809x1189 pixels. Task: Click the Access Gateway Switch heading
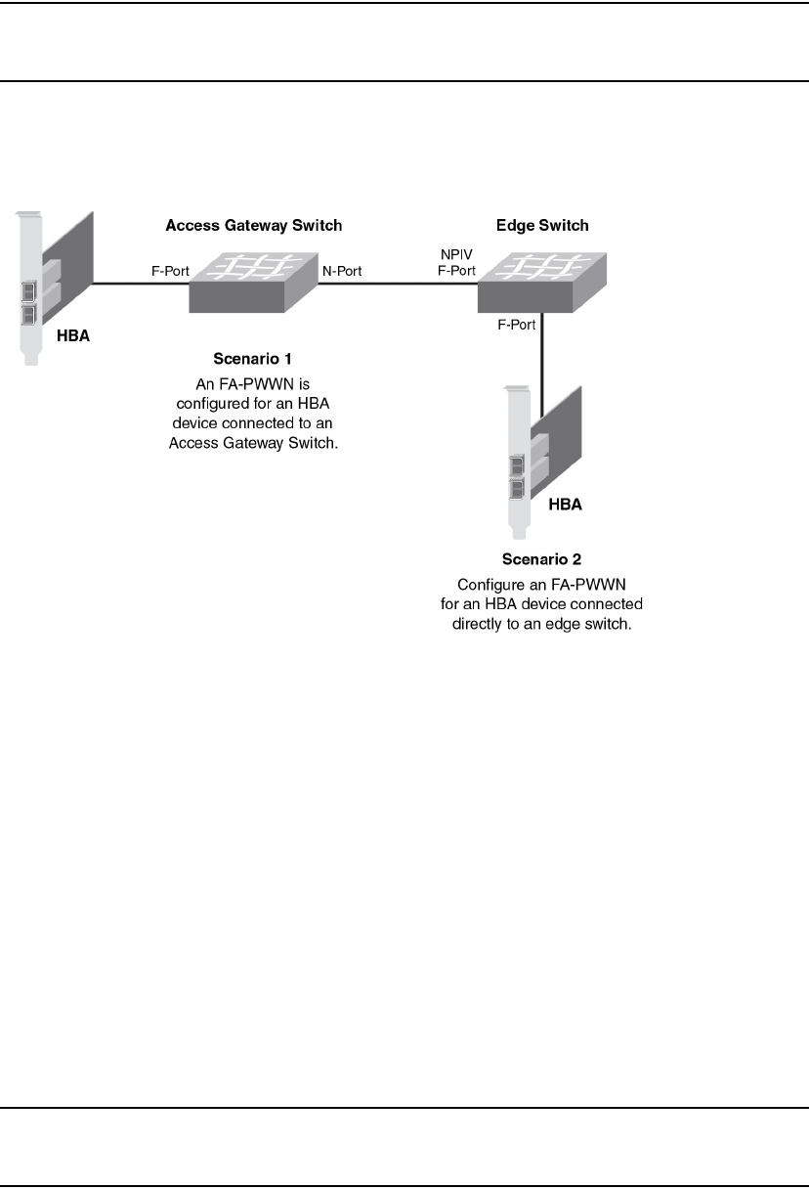pos(254,226)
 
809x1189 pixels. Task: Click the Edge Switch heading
pos(542,226)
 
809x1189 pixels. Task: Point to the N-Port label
pos(342,271)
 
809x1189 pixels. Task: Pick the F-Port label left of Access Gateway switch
pos(169,271)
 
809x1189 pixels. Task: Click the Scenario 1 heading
pos(254,357)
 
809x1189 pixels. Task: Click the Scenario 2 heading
pos(541,560)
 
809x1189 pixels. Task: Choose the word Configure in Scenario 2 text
pos(490,585)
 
